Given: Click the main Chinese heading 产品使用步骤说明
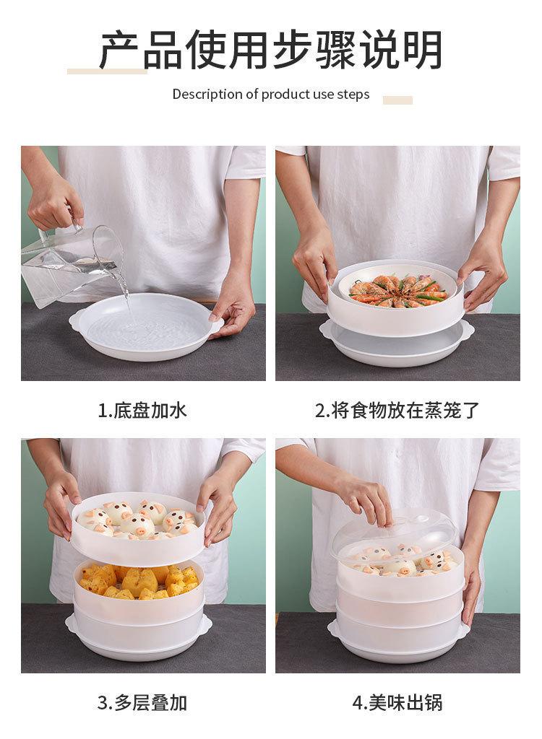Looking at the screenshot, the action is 271,50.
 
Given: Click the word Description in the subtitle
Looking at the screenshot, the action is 207,95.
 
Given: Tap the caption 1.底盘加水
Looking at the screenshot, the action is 142,410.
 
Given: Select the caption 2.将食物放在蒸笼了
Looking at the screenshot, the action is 397,410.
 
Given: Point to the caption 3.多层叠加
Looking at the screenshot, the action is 142,703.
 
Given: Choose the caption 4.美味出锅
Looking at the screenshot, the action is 397,703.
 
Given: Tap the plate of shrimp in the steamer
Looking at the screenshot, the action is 398,289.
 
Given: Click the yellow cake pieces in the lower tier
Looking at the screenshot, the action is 139,581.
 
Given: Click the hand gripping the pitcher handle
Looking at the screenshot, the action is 55,204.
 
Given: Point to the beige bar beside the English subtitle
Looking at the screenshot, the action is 397,100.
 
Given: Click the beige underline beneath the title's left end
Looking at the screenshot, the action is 107,71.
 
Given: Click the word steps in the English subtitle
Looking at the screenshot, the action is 353,95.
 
